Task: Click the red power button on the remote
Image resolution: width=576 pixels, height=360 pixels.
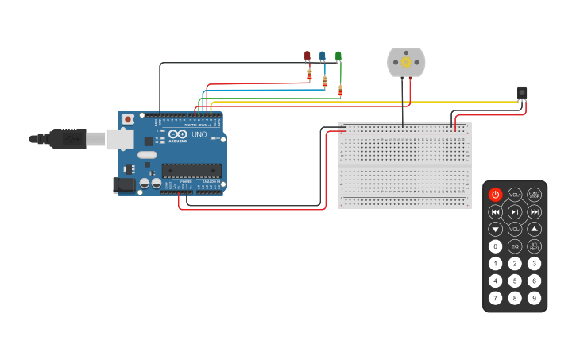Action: [x=495, y=195]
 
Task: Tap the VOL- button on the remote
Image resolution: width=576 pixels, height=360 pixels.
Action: [x=515, y=229]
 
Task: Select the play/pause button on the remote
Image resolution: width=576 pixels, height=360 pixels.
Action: [x=515, y=211]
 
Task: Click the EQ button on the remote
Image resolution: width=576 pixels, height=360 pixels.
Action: [x=515, y=246]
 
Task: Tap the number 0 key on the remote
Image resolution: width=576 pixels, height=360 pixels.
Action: [x=495, y=246]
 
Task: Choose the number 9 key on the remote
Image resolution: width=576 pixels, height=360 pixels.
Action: [x=535, y=298]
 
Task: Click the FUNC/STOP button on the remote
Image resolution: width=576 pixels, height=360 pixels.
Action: [x=535, y=195]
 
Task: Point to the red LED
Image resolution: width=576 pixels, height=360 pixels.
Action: [x=307, y=56]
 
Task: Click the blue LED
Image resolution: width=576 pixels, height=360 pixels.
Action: [x=323, y=56]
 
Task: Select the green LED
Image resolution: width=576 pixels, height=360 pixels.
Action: [x=338, y=56]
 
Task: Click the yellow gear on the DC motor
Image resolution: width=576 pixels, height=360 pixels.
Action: [x=406, y=61]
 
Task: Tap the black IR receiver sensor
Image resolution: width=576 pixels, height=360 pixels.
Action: [x=522, y=92]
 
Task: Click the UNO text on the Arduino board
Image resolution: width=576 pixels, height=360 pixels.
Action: [x=199, y=134]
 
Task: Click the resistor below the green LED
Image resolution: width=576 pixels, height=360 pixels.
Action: [x=340, y=90]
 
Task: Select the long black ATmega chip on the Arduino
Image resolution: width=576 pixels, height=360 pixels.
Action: [x=191, y=169]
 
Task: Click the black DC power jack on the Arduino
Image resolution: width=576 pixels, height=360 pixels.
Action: [x=125, y=185]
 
